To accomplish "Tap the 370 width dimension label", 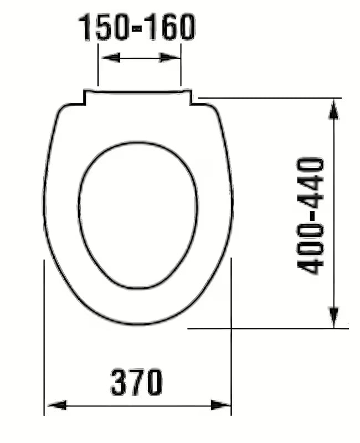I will point(137,382).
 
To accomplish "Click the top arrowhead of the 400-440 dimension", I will point(333,110).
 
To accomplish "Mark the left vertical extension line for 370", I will point(44,338).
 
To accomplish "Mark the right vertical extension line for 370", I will point(231,338).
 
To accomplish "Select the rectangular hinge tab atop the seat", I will point(138,95).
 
